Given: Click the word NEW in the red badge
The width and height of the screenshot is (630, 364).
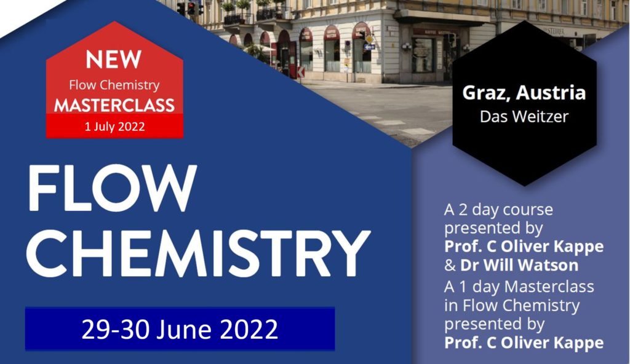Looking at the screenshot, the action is [114, 60].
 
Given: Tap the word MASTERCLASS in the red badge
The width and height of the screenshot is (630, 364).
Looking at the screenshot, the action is [114, 105].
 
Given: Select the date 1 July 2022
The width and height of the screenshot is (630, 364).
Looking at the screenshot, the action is [114, 127].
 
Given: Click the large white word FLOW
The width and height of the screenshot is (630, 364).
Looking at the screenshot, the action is [112, 188].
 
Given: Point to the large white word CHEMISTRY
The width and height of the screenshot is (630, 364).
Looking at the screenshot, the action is [197, 253].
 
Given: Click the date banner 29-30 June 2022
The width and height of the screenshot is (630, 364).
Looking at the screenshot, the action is [180, 329].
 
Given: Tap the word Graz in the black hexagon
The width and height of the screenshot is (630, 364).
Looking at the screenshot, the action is [487, 93].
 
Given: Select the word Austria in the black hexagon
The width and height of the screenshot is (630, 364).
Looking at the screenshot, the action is [551, 93].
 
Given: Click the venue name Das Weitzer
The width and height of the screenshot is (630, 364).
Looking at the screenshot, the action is [524, 116].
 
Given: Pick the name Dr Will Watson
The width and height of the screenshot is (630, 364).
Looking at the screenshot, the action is [519, 265].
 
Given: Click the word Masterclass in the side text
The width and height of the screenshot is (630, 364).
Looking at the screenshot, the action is [549, 287].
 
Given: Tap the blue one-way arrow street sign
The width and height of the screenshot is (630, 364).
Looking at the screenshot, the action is [369, 47].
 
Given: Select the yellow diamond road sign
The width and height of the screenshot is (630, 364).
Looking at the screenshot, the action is [369, 39].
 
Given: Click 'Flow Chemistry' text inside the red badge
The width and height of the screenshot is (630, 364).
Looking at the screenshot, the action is [114, 85].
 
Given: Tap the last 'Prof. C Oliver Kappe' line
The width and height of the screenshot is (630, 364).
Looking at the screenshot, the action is [524, 342].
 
